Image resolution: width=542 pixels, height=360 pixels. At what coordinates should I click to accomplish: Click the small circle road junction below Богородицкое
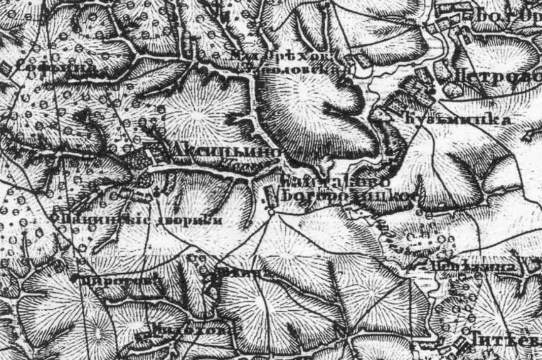pyautogui.click(x=271, y=212)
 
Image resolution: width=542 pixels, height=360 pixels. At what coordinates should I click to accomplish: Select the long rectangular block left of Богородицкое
pyautogui.click(x=271, y=196)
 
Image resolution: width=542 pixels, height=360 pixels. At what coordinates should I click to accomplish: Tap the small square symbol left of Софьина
pyautogui.click(x=7, y=68)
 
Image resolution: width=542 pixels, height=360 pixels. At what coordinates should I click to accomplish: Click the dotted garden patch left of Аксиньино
pyautogui.click(x=141, y=159)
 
